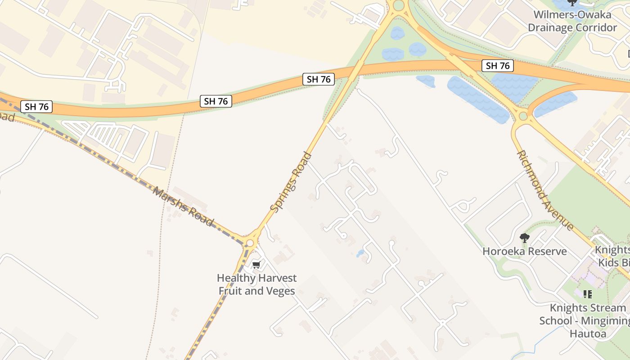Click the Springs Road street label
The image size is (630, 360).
tap(291, 182)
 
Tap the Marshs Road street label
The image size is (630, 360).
tap(183, 207)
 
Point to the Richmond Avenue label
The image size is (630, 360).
tap(545, 190)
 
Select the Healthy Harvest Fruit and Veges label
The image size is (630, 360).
tap(257, 284)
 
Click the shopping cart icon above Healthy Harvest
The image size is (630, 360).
tap(256, 264)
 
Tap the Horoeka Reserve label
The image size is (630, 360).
tap(525, 251)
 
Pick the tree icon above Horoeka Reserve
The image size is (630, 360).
tap(524, 238)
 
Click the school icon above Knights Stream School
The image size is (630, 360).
tap(587, 294)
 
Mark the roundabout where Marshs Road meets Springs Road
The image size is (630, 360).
tap(250, 243)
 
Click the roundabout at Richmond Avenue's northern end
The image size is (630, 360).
tap(522, 116)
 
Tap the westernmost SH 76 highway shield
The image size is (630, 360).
tap(36, 107)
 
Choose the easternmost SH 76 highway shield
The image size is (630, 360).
tap(498, 66)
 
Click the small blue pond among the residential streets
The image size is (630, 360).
tap(360, 253)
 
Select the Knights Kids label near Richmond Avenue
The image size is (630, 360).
tap(612, 256)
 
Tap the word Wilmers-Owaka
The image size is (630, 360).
tap(572, 14)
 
